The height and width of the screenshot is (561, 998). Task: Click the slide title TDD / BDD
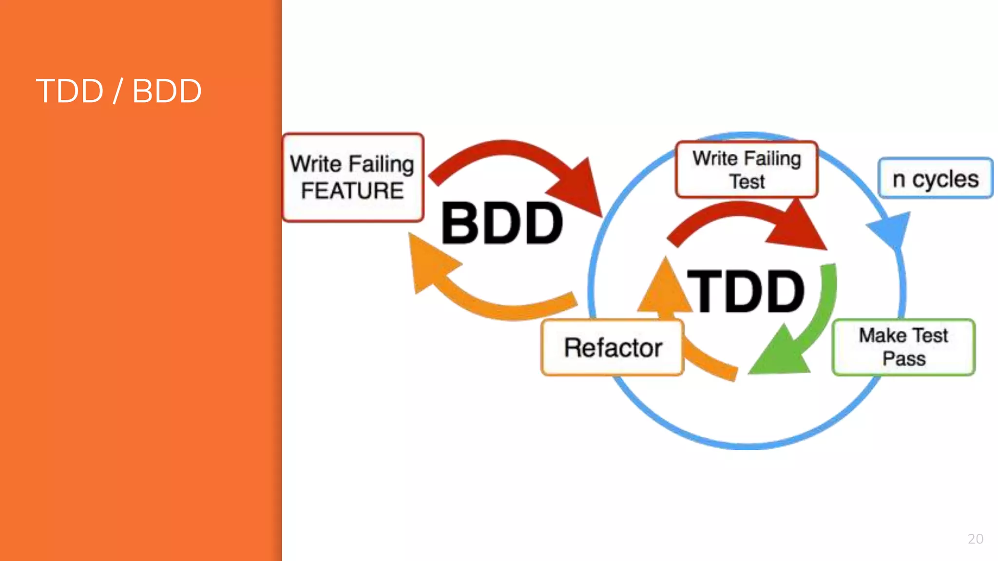click(x=118, y=91)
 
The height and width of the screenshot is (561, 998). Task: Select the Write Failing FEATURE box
click(x=353, y=177)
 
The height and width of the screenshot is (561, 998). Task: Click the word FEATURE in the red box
click(x=352, y=190)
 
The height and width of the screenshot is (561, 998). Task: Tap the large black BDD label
click(x=502, y=224)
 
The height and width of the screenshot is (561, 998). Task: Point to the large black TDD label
click(x=746, y=292)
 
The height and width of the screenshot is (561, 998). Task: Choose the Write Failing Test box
click(x=747, y=169)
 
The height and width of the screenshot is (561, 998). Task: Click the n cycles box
click(x=935, y=178)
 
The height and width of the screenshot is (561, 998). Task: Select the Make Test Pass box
click(x=903, y=347)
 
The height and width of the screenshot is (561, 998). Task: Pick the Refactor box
click(x=613, y=347)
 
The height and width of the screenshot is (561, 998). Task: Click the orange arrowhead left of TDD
click(x=664, y=287)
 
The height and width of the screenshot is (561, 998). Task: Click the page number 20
click(x=975, y=539)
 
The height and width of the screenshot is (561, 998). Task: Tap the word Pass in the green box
click(x=904, y=358)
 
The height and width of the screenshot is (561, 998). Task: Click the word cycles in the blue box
click(x=945, y=179)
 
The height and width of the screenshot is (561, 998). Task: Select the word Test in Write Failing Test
click(x=747, y=182)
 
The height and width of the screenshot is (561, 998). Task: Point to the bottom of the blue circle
click(x=747, y=445)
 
